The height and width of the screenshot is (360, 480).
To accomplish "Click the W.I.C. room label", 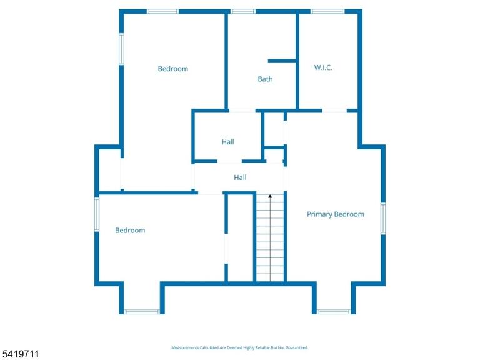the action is [x=323, y=67].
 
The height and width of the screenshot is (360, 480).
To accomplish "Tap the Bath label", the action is [x=265, y=79].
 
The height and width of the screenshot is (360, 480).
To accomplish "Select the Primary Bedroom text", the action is [x=336, y=214].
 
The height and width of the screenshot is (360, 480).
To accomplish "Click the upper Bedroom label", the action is [x=173, y=69].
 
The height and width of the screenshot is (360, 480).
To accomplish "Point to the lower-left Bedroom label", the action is [x=130, y=230].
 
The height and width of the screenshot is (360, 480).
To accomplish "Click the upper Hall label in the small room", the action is [x=227, y=142].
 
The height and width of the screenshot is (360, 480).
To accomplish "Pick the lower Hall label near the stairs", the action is [x=240, y=177].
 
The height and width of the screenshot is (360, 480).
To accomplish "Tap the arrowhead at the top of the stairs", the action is [x=270, y=196].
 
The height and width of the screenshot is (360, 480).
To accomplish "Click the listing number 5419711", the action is [x=20, y=354].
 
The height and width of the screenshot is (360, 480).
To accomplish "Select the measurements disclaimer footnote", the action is [x=240, y=347].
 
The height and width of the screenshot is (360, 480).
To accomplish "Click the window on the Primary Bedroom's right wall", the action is [x=383, y=219].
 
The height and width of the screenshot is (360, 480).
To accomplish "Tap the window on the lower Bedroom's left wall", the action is [x=97, y=214].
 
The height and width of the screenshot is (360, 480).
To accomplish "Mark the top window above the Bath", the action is [x=242, y=12].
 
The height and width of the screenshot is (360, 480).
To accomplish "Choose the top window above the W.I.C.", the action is [x=327, y=12].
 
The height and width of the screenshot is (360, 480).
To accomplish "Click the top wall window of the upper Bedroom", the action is [x=162, y=12].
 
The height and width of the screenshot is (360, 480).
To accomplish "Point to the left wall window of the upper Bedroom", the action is [x=121, y=49].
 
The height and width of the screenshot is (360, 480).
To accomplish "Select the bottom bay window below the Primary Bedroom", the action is [x=334, y=312].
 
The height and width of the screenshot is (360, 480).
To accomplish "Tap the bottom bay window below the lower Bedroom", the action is [x=142, y=312].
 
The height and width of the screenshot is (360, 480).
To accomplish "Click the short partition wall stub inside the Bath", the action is [x=282, y=61].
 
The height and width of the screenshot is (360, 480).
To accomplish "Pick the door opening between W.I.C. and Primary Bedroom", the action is [x=334, y=111].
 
